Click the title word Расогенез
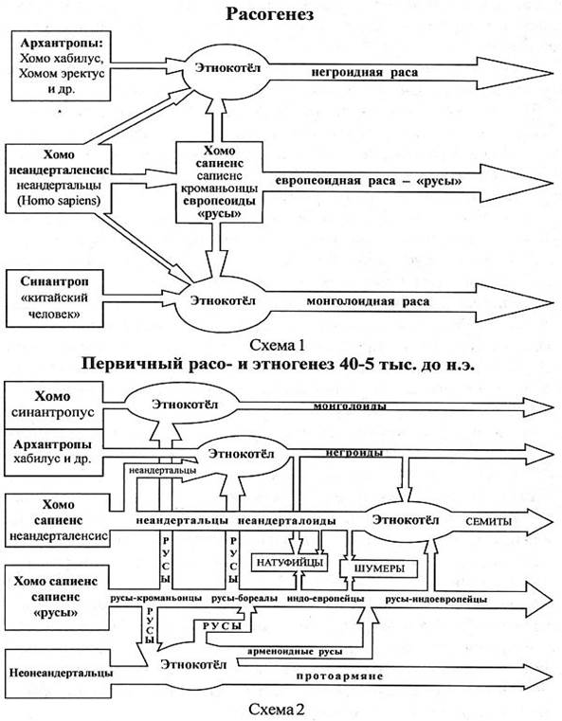pos(270,14)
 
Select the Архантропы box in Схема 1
pos(61,65)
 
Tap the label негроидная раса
pos(365,72)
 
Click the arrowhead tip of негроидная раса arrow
pos(553,73)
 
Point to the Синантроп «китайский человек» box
pos(54,298)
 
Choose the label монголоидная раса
pos(368,301)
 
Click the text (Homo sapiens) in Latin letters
pos(59,201)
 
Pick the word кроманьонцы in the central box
pos(219,189)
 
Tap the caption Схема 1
pos(278,345)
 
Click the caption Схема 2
pos(277,709)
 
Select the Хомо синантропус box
pos(53,405)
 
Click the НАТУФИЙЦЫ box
pos(290,563)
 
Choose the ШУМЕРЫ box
pos(379,568)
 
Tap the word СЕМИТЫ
pos(488,521)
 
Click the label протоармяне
pos(339,676)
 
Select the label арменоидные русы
pos(295,652)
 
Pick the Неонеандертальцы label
pos(62,673)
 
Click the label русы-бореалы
pos(245,599)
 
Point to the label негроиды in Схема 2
pos(354,453)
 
